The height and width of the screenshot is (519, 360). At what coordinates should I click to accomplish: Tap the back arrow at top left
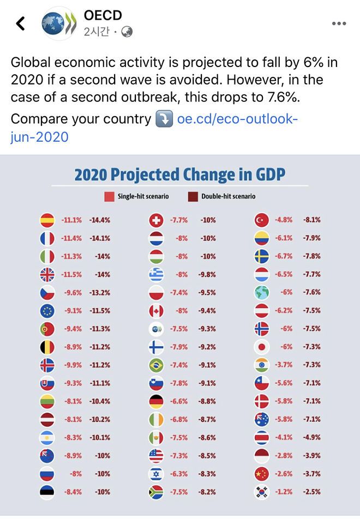point(21,23)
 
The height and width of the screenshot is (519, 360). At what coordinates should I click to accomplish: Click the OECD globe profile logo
point(58,23)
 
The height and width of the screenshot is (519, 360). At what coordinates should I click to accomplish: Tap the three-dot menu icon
point(339,23)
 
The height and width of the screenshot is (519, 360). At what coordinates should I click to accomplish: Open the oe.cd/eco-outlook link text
point(238,119)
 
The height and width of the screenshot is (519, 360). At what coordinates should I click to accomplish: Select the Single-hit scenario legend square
point(109,196)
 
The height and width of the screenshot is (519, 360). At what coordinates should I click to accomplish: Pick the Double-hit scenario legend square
point(192,196)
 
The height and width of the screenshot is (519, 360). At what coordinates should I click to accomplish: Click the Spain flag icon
point(47,220)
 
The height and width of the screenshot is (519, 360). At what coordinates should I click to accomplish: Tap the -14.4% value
point(100,220)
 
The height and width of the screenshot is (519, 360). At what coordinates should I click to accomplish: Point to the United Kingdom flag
point(47,275)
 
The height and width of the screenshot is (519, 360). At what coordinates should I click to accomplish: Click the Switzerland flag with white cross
point(157,220)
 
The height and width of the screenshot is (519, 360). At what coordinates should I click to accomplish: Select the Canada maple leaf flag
point(157,311)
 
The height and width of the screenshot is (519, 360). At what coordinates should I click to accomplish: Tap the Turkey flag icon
point(262,220)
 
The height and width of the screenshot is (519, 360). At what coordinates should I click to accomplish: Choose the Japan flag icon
point(262,347)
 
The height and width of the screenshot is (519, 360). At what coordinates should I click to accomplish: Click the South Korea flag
point(262,492)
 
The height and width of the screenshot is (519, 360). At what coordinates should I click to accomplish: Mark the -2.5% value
point(312,492)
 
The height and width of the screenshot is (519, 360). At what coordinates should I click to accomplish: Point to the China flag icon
point(262,474)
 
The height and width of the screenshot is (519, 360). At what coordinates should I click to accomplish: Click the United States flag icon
point(157,456)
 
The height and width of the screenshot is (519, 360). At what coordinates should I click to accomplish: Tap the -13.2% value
point(100,293)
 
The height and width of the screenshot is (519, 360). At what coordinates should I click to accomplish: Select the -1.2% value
point(284,492)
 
